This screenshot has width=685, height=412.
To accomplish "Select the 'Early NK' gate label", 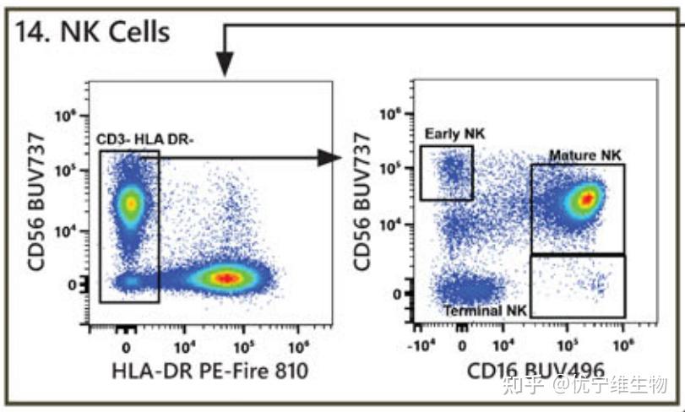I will coord(448,133).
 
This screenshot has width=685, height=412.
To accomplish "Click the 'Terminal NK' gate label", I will coord(485,311).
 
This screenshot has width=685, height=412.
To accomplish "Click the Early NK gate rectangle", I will coord(447,173).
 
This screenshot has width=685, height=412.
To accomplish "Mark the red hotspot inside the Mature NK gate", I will coord(585,198).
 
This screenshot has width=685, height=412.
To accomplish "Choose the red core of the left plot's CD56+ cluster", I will coord(130,203).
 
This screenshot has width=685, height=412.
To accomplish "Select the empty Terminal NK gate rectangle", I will coord(578,286).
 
